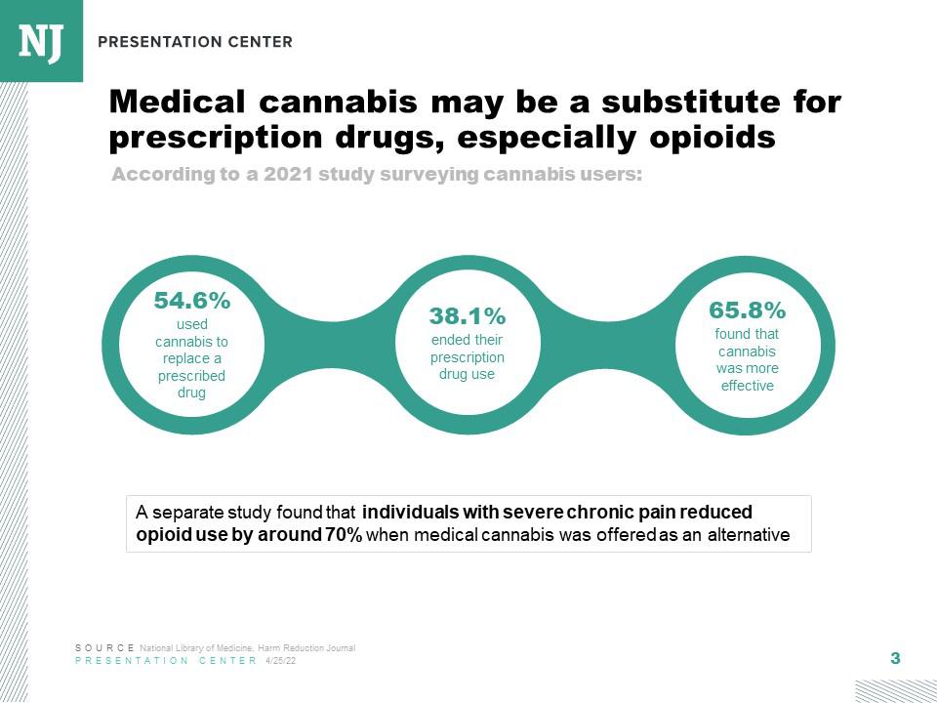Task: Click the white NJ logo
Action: coord(41,42)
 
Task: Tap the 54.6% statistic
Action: coord(192,300)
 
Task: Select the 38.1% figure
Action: coord(468,316)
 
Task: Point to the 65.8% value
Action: coord(747,310)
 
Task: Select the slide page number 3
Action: coord(895,658)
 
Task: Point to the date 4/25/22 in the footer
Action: coord(280,661)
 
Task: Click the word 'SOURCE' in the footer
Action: coord(105,648)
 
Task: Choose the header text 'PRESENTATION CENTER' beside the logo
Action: coord(195,42)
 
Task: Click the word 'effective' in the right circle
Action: coord(747,386)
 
